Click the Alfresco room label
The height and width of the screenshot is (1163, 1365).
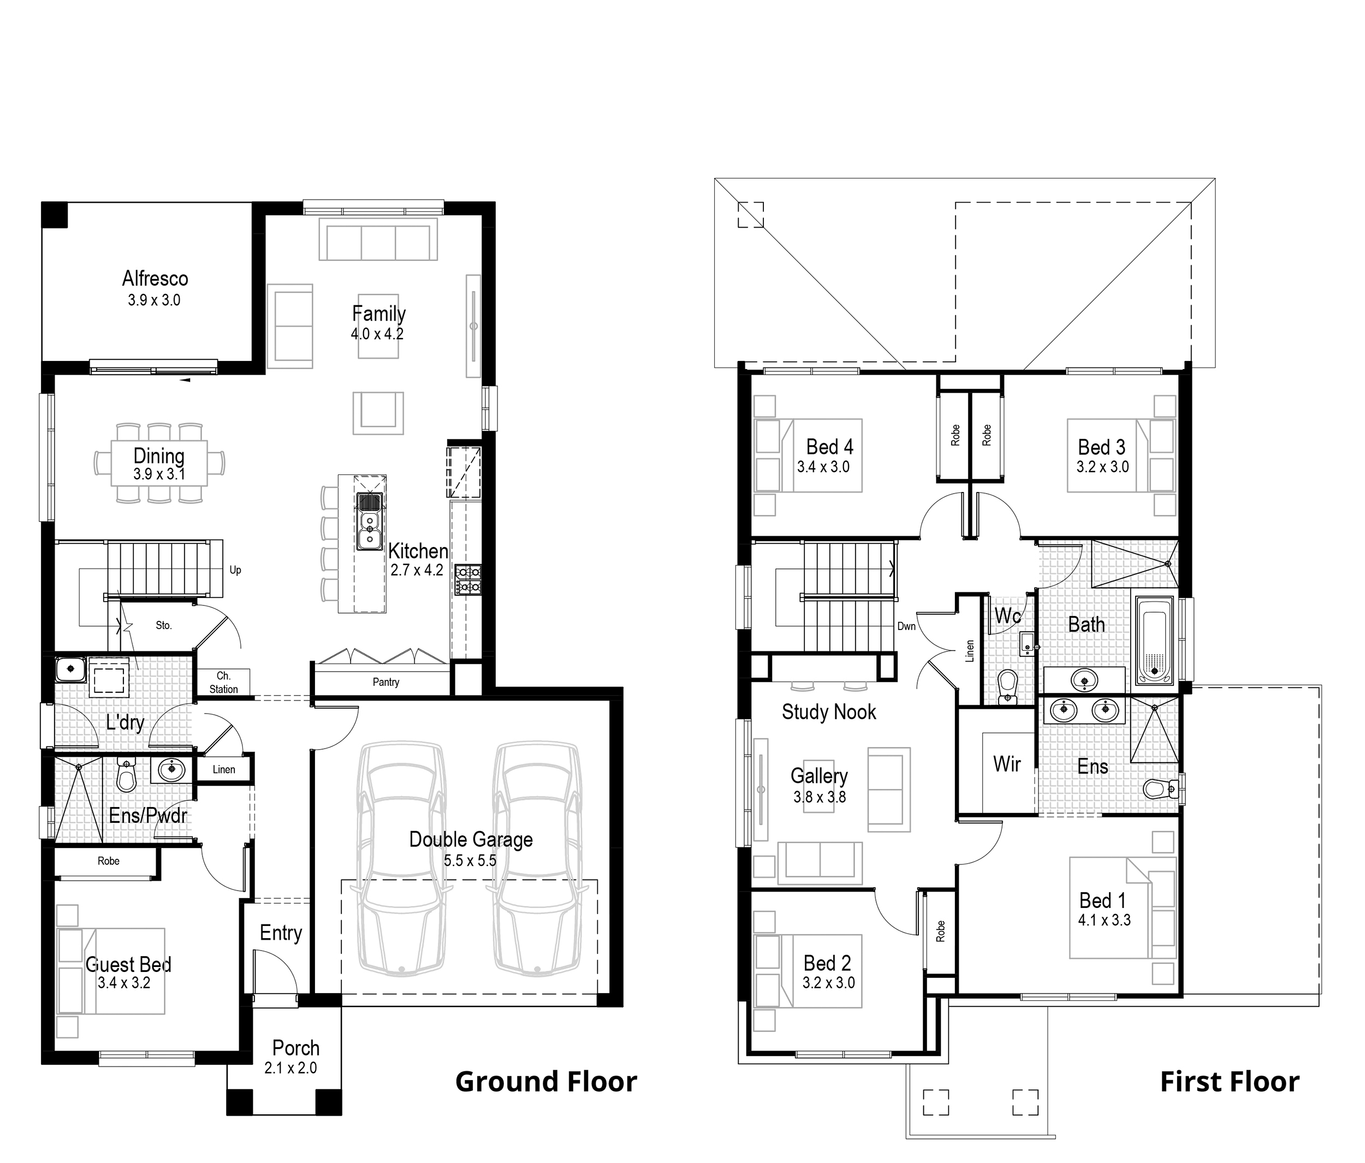pos(155,278)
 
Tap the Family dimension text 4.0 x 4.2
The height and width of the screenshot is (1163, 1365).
pos(377,334)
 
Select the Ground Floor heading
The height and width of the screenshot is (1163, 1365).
pos(545,1082)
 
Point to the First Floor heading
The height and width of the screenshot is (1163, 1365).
pos(1229,1082)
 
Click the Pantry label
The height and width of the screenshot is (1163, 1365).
pos(385,682)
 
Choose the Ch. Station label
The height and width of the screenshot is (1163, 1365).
pos(223,683)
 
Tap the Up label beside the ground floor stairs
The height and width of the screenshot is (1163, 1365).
pos(235,570)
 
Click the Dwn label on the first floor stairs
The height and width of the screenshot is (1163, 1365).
pos(906,626)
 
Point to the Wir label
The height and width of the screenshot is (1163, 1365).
pos(1007,764)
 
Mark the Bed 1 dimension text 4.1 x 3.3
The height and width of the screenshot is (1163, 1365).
pos(1104,921)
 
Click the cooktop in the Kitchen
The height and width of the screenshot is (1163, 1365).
pos(467,580)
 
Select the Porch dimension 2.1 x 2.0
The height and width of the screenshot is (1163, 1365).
pos(290,1068)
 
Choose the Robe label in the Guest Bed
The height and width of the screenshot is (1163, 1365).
pos(108,861)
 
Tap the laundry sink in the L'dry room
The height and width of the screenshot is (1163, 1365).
pos(69,670)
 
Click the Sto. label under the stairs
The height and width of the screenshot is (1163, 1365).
pos(163,625)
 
